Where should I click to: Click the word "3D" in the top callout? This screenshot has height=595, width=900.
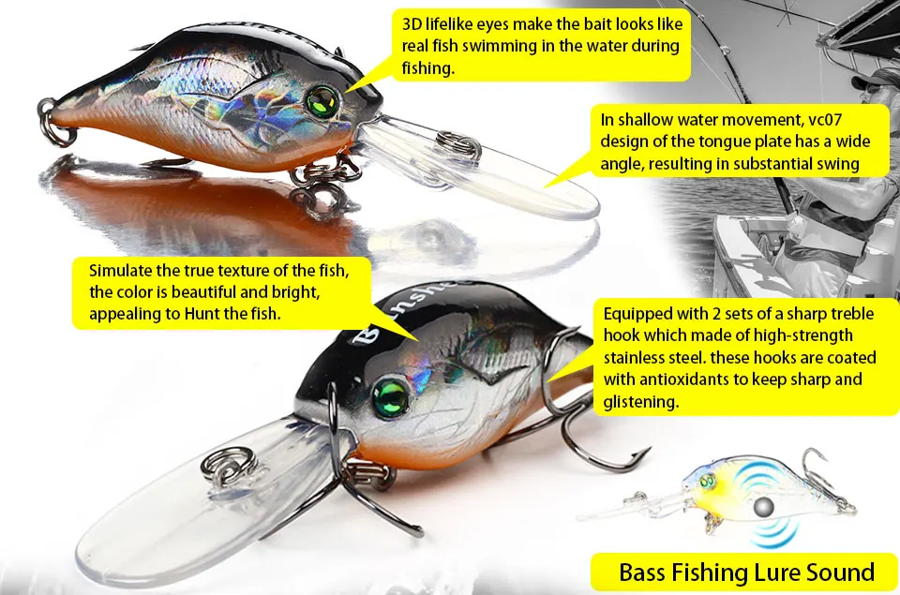pos(413,22)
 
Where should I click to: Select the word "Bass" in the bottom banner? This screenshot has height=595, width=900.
pos(648,572)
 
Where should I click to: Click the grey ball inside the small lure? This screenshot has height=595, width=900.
pos(767,505)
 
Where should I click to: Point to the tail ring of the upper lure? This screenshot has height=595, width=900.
pos(58,132)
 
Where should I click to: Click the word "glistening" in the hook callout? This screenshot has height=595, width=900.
pos(641,402)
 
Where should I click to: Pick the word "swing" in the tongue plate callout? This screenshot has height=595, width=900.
pos(839,164)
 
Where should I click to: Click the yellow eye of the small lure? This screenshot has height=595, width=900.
pos(706,483)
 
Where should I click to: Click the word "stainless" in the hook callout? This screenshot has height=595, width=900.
pos(638,358)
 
